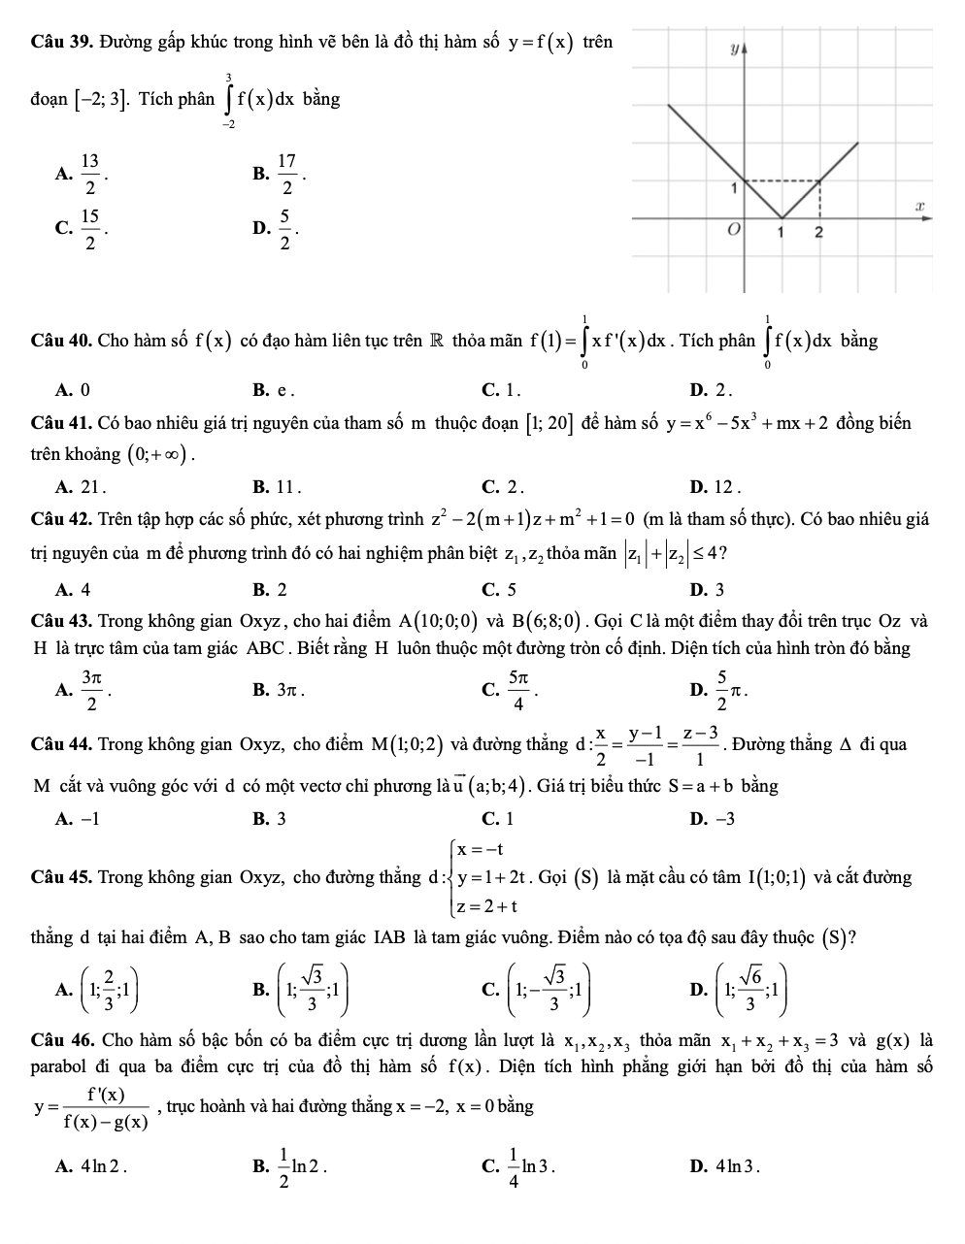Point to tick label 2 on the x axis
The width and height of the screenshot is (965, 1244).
click(818, 233)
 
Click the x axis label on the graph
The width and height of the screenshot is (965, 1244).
click(915, 207)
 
